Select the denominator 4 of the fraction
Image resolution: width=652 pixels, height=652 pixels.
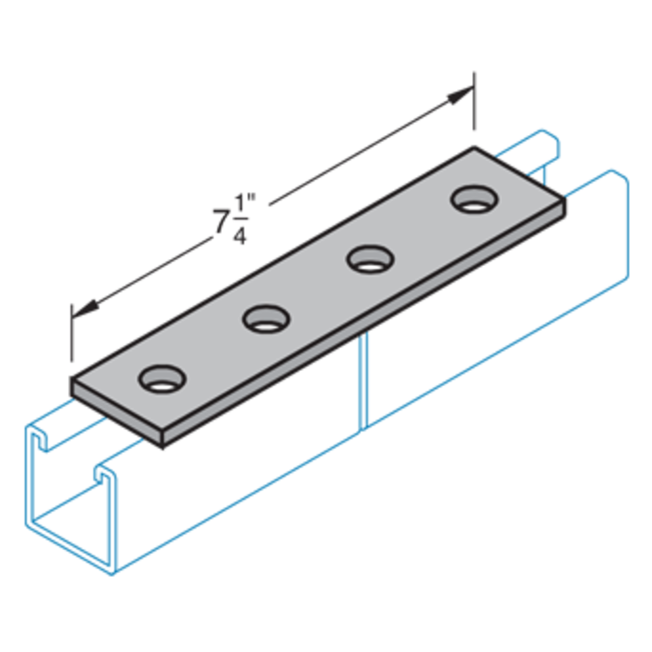238,236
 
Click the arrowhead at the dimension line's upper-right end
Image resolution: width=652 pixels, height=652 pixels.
460,96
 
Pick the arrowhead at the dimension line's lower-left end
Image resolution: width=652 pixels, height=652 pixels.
84,304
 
